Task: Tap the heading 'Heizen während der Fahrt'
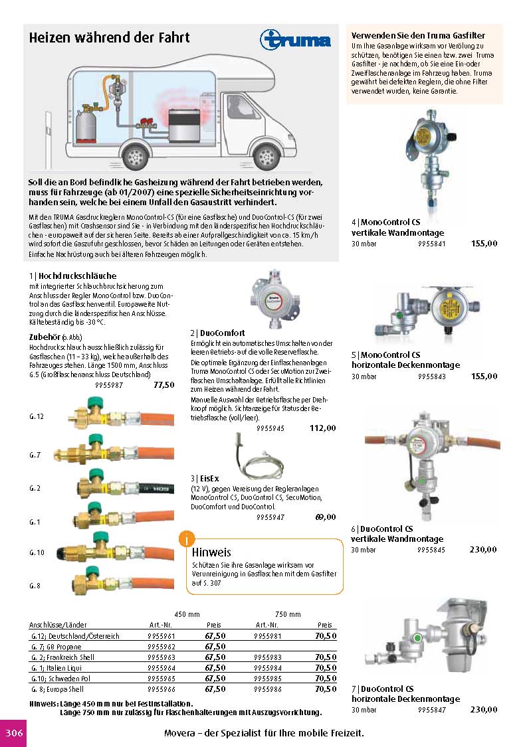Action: [109, 38]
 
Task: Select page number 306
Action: [14, 733]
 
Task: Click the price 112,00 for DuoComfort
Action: [323, 428]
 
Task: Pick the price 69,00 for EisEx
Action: [324, 517]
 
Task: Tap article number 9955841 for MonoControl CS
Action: [431, 244]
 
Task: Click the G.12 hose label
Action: [36, 416]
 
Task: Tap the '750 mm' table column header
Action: [288, 614]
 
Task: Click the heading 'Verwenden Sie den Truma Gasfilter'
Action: [417, 35]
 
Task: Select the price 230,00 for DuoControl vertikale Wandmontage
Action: [483, 549]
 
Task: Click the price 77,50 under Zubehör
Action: [163, 384]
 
